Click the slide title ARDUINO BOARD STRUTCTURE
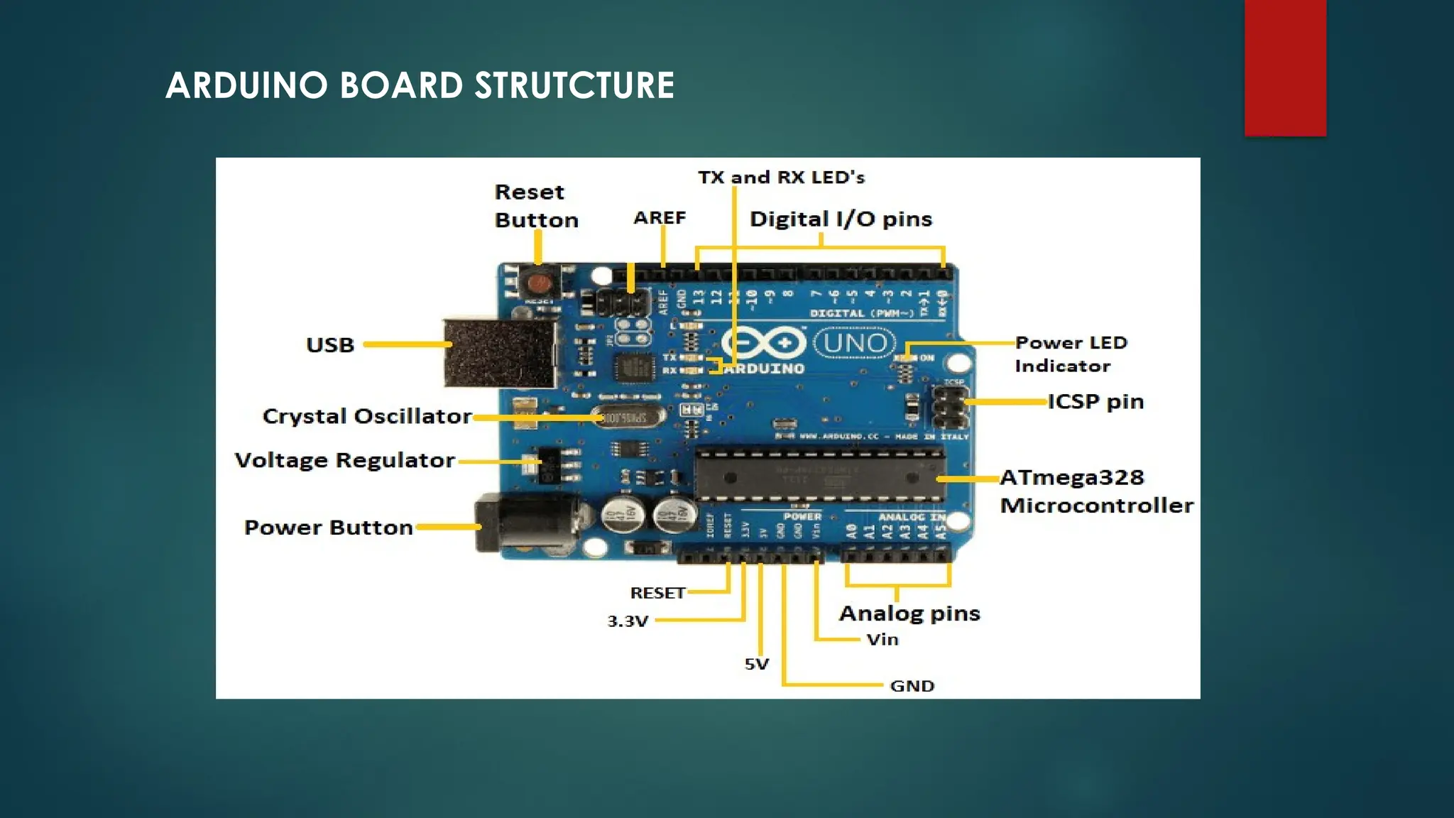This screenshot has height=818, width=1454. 420,86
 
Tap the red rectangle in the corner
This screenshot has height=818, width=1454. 1285,67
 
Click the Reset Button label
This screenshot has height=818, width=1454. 536,206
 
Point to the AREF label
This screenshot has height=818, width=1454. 660,218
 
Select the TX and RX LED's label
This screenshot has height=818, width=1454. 781,178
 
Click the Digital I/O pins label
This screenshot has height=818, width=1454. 841,219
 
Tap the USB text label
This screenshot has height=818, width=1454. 330,345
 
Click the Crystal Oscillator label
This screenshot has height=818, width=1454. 367,416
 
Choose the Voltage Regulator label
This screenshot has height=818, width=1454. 344,460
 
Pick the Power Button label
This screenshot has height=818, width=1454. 328,528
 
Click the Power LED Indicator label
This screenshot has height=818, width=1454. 1070,354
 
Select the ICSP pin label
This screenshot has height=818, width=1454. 1095,402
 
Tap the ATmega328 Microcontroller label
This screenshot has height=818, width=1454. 1095,491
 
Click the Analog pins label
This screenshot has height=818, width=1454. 909,613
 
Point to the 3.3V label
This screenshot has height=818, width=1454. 628,621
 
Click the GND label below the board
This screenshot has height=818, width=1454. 912,686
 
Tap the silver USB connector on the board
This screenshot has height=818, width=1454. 500,354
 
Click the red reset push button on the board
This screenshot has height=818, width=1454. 539,285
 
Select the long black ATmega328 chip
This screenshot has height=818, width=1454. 819,474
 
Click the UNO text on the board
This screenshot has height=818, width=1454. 855,344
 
